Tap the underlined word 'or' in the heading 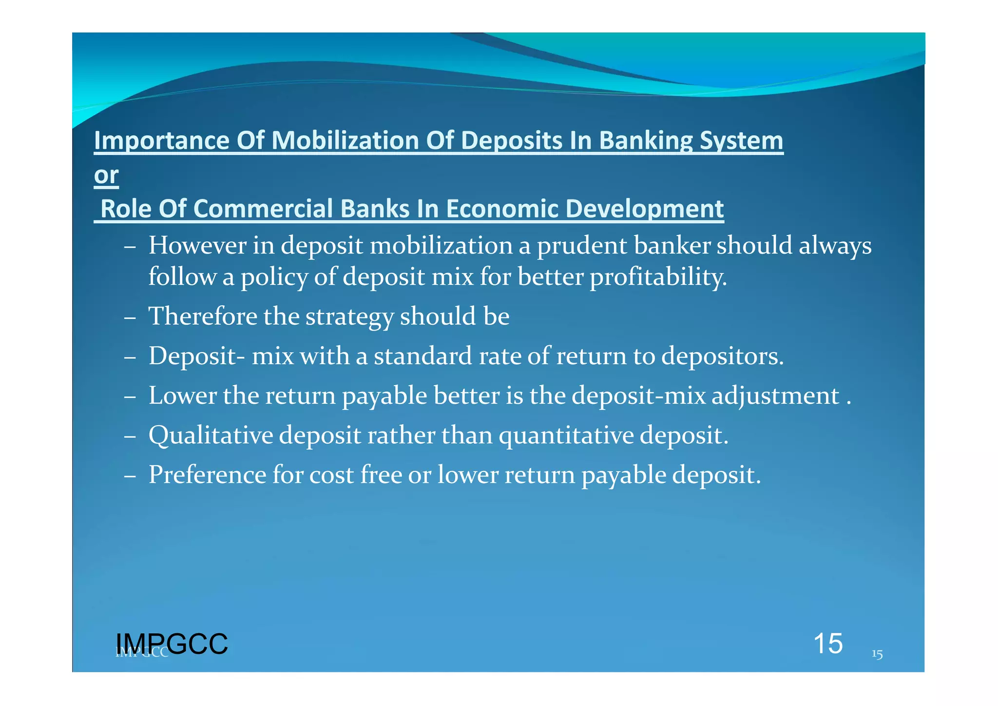pos(106,175)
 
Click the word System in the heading pos(741,141)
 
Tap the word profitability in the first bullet pos(658,277)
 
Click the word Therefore pos(203,316)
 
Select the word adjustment pos(776,396)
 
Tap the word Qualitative pos(211,435)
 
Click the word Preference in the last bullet pos(207,475)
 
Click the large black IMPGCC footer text pos(172,644)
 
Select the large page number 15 pos(828,644)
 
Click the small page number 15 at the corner pos(877,654)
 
